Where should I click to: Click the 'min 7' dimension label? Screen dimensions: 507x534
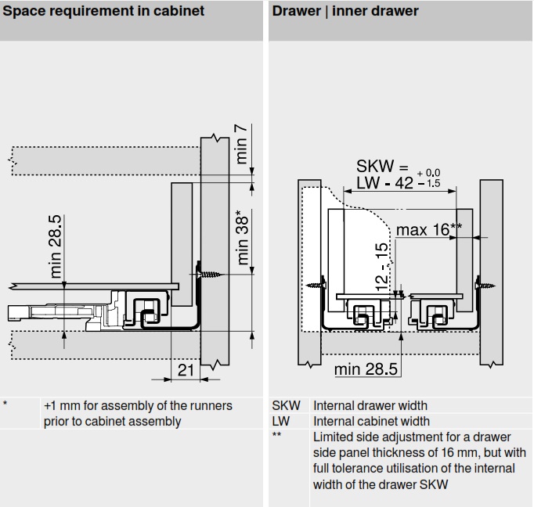(242, 144)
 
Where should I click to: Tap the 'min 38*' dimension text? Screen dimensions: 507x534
(244, 237)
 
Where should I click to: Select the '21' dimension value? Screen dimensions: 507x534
(186, 370)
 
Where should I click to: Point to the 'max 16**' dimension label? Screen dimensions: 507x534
(428, 229)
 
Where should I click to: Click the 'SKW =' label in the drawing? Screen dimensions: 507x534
(382, 166)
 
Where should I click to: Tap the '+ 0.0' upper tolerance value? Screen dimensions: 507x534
(429, 172)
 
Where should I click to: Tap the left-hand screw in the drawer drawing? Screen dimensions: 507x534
(315, 286)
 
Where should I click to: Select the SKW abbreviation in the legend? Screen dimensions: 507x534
(285, 405)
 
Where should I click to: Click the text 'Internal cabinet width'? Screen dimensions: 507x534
(371, 421)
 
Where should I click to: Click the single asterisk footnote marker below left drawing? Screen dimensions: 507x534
(5, 405)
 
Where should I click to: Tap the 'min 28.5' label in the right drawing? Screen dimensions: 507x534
(366, 368)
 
